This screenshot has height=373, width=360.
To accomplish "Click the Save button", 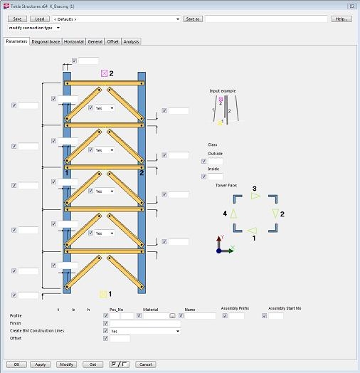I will [x=17, y=19].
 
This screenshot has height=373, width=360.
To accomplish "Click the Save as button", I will [x=191, y=19].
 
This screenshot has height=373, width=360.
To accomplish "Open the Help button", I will [x=342, y=19].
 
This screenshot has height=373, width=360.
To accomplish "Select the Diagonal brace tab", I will [x=46, y=42].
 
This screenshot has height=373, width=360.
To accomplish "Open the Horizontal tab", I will [x=74, y=42].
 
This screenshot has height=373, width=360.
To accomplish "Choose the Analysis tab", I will [x=131, y=42].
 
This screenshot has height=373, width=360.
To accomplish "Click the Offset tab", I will [x=113, y=42].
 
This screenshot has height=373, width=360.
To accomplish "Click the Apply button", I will [x=41, y=364].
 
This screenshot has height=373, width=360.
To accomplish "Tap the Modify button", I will [x=66, y=364].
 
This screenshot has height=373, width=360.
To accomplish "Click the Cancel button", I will [x=145, y=364].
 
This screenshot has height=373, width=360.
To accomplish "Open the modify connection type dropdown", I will [x=34, y=28].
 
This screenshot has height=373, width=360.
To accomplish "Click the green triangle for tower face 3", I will [x=256, y=196].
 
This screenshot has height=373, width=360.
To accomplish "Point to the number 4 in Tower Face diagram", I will [x=225, y=213].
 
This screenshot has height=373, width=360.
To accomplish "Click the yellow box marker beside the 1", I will [x=103, y=293].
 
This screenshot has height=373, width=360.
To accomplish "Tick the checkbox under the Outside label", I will [x=204, y=162].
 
